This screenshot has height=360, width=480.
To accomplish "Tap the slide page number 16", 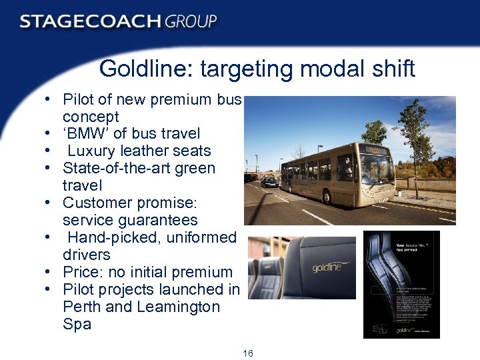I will (x=248, y=353).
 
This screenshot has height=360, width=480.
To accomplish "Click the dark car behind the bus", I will (x=269, y=181).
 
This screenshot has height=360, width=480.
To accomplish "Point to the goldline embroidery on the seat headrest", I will (x=326, y=267).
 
